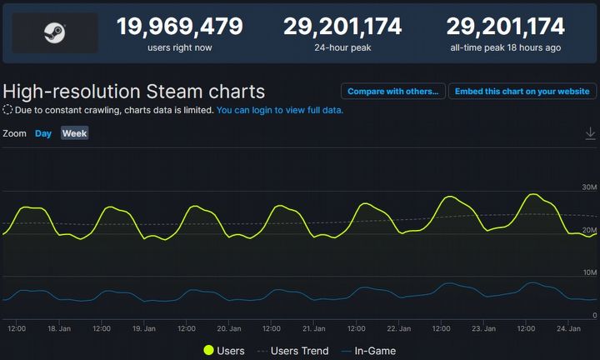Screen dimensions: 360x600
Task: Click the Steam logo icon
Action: [55, 32]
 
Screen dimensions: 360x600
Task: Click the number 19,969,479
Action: [180, 26]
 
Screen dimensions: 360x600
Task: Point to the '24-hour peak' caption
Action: [342, 47]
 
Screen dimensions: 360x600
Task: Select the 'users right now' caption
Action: [180, 47]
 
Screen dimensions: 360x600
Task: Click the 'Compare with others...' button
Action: [392, 92]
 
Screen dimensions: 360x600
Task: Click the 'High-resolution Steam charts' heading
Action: [134, 92]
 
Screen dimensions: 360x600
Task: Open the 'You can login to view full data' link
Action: [280, 110]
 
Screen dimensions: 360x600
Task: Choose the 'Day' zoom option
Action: [43, 133]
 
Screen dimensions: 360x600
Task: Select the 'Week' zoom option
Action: [74, 133]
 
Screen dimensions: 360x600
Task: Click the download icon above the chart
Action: [590, 133]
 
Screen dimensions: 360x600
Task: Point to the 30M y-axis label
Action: [589, 187]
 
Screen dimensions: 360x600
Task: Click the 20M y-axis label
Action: [589, 230]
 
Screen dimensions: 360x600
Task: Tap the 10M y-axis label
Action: [589, 272]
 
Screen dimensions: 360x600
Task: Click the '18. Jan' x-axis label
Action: [59, 329]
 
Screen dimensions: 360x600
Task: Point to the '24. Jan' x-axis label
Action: [570, 329]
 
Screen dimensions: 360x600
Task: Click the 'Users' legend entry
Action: [224, 351]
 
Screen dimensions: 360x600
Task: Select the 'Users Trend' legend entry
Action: [292, 351]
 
